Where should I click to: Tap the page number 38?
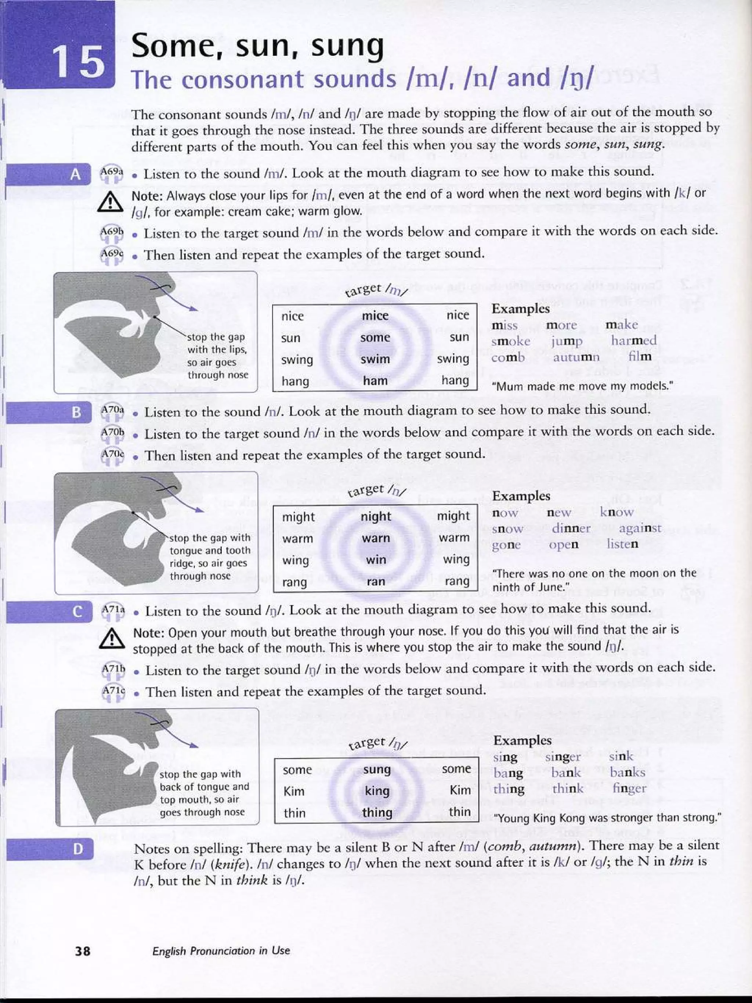click(x=83, y=950)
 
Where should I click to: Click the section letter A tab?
click(x=75, y=174)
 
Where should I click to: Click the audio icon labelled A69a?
click(x=112, y=174)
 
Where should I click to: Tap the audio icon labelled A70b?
click(x=112, y=434)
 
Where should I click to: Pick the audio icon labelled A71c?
click(x=113, y=692)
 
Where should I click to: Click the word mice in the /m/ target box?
click(x=375, y=315)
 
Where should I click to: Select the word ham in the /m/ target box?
click(x=375, y=381)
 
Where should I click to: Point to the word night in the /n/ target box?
click(x=376, y=516)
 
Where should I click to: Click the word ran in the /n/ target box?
click(x=376, y=582)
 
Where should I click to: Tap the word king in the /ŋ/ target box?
click(x=377, y=791)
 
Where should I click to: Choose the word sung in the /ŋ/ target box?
click(x=377, y=769)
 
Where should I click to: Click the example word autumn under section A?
click(x=576, y=357)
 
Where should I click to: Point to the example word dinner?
click(x=571, y=528)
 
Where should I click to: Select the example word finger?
click(x=629, y=789)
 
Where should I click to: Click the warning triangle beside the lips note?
click(x=110, y=203)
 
